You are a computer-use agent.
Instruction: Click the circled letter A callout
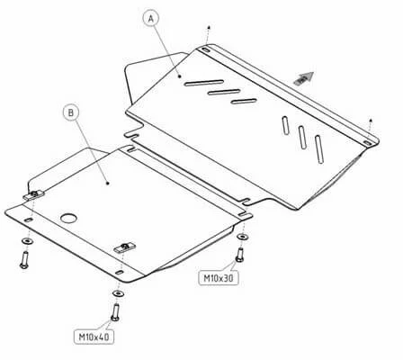point(151,19)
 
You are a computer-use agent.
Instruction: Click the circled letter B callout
point(71,112)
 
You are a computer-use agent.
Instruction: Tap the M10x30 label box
point(219,278)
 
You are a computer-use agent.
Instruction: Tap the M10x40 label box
point(94,337)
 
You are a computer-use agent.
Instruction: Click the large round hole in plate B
point(68,218)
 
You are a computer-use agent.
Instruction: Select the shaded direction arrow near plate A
point(304,78)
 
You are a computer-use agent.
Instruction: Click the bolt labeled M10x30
point(239,255)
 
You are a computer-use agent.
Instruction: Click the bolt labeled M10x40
point(115,312)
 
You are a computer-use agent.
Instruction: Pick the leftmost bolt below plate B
point(24,260)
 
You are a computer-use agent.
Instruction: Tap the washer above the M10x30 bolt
point(242,237)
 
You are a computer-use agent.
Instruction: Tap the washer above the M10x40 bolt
point(119,293)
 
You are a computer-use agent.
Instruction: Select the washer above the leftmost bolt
point(27,241)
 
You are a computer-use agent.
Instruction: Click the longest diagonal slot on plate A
point(204,83)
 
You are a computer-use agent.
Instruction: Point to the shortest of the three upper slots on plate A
point(244,101)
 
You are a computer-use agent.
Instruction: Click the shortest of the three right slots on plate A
point(285,124)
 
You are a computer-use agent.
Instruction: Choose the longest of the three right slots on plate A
point(319,149)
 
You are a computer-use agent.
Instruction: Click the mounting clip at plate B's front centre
point(124,247)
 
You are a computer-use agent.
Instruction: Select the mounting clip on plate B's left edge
point(33,195)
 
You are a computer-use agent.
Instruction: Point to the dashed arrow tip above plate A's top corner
point(209,27)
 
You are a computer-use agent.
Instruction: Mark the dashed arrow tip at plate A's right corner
point(371,121)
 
